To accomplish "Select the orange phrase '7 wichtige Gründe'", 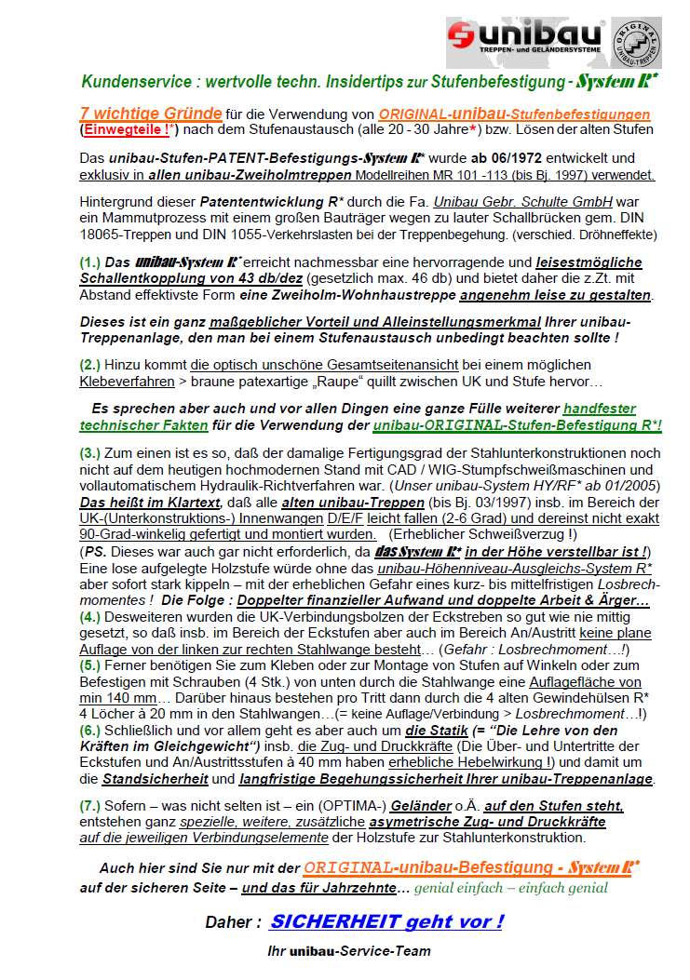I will coord(151,114).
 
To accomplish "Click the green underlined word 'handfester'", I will coord(599,409).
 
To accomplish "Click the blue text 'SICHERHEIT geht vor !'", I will coord(386,921).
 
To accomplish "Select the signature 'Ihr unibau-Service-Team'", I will coord(348,951).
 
